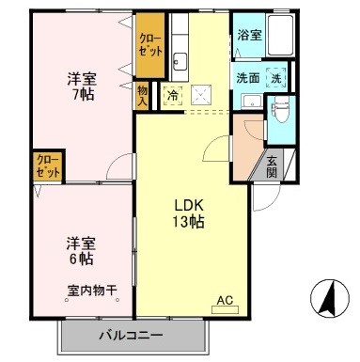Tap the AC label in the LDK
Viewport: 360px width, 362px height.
click(225, 301)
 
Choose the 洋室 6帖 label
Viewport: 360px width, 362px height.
click(79, 249)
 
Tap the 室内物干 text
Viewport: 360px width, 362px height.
click(91, 291)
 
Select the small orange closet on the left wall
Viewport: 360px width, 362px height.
click(48, 166)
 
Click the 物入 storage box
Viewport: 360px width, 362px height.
click(143, 93)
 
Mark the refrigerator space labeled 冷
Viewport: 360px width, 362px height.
click(172, 94)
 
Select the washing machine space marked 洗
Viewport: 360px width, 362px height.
click(275, 79)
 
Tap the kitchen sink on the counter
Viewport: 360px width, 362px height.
click(182, 63)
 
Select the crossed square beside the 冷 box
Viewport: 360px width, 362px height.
click(200, 95)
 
